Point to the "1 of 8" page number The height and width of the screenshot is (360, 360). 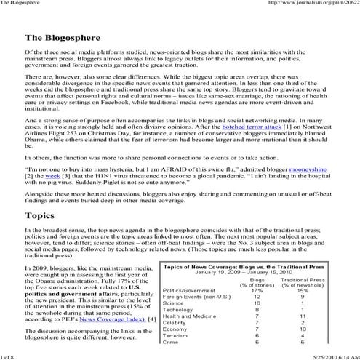12,354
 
